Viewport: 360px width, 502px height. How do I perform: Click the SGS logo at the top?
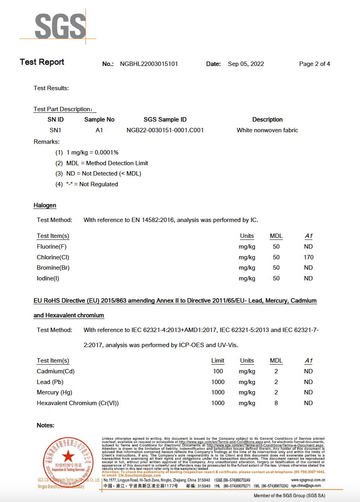pos(60,26)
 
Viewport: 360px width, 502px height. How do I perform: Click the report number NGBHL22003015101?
pos(149,64)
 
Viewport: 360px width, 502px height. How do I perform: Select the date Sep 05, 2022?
pos(246,64)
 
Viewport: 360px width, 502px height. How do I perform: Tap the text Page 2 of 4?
pos(314,64)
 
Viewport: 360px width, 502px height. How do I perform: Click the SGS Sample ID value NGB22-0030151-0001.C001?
pos(165,130)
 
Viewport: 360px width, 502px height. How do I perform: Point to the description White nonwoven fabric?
pos(267,130)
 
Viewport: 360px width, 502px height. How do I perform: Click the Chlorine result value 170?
pos(308,257)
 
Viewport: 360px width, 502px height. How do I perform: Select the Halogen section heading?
pos(45,205)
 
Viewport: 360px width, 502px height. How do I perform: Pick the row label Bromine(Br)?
pos(53,268)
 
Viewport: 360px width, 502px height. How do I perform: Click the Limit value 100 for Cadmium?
pos(218,371)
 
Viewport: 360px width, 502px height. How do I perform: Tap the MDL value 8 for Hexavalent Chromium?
pos(276,403)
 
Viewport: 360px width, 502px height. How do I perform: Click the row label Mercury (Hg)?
pos(54,392)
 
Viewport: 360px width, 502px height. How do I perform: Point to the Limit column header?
pos(218,361)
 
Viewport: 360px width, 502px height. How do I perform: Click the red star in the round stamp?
pos(68,456)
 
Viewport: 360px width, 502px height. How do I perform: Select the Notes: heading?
pos(45,425)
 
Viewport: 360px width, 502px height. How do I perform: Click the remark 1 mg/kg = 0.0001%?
pos(92,153)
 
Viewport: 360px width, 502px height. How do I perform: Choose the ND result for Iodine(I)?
pos(308,278)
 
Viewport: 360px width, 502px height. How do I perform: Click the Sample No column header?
pos(99,120)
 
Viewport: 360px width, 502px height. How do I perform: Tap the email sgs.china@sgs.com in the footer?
pos(306,486)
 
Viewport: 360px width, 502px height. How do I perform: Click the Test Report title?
pos(42,62)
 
